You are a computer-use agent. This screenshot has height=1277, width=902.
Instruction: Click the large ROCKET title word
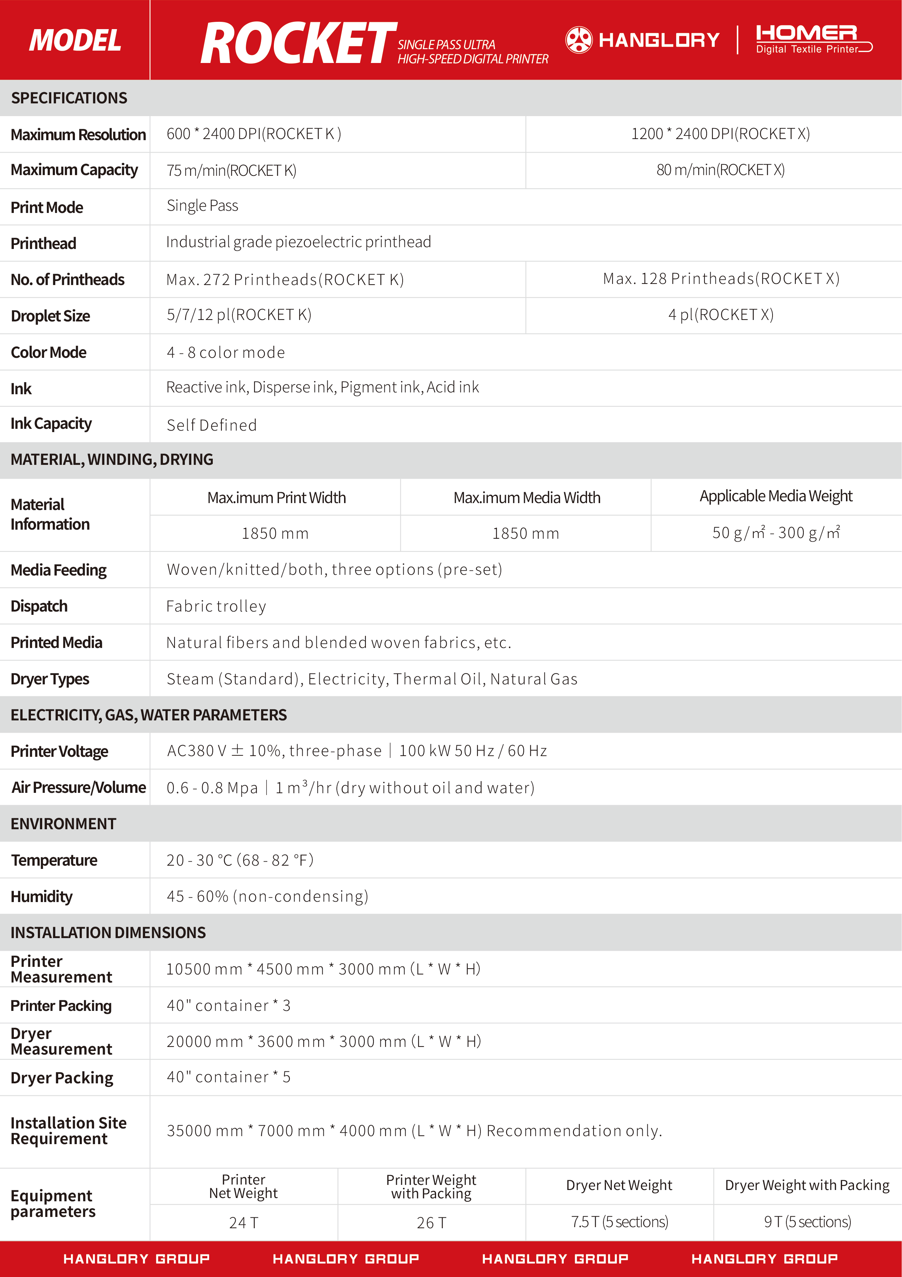coord(299,43)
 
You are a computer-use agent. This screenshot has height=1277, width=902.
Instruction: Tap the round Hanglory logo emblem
coord(579,40)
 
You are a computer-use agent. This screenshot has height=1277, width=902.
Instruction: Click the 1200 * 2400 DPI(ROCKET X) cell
coord(720,134)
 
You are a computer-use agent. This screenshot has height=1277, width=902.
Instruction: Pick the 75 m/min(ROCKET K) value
coord(231,170)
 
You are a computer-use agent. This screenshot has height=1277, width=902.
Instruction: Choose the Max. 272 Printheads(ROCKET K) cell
coord(284,279)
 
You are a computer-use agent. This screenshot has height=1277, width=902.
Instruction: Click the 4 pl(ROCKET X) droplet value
coord(720,315)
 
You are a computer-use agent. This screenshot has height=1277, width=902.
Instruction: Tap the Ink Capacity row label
coord(51,424)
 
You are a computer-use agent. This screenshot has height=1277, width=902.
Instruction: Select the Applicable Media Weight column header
coord(776,496)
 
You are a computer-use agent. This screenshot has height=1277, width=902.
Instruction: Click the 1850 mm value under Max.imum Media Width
coord(526,533)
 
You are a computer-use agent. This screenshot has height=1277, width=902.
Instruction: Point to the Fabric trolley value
coord(216,606)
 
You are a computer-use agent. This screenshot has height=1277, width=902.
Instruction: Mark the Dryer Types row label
coord(50,679)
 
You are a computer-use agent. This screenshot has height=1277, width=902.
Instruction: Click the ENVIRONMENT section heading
coord(63,824)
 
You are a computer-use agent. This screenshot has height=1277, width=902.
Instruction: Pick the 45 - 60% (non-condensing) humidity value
coord(267,896)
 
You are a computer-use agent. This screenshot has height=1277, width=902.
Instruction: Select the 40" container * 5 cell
coord(228,1077)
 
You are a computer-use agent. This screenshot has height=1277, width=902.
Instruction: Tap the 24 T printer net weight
coord(243,1222)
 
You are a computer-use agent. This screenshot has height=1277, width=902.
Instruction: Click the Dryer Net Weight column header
coord(619,1185)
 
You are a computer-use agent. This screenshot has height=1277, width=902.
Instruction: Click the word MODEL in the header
coord(75,41)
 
